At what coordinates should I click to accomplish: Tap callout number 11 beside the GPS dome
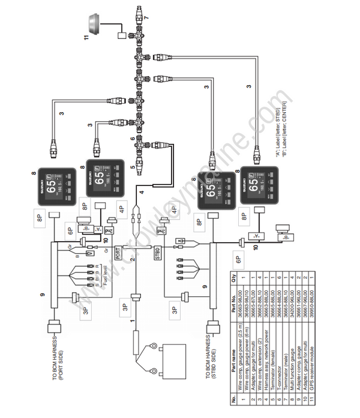point(84,39)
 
